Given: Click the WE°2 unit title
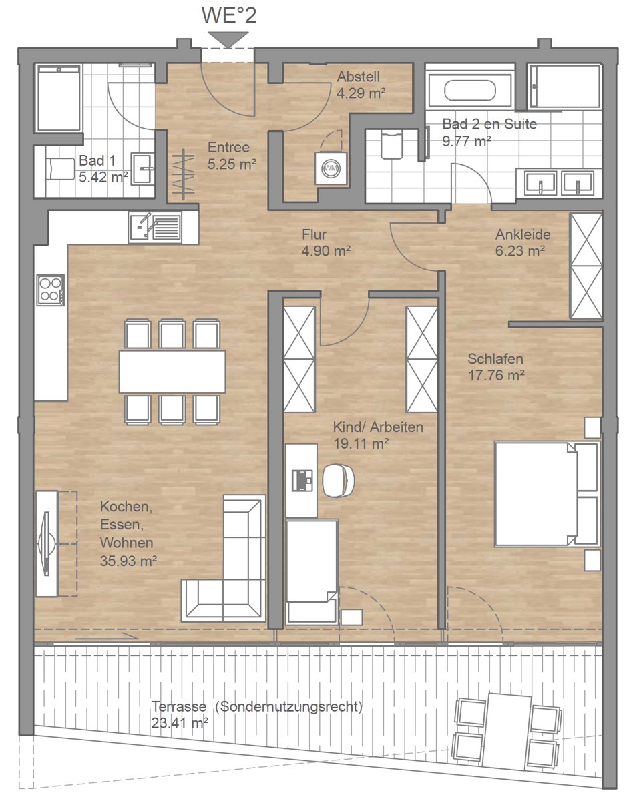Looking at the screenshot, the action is [229, 16].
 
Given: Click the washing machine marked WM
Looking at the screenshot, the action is [331, 168].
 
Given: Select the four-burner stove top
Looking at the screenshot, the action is [51, 290].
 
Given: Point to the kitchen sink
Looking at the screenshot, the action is [155, 227].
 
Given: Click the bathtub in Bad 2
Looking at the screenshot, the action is [470, 91].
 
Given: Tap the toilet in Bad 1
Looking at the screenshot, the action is [60, 169].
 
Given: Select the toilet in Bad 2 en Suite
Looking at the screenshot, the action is [392, 144].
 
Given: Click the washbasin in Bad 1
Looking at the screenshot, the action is [143, 168].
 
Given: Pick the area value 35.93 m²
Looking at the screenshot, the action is [128, 561].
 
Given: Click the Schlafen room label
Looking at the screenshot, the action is [495, 359].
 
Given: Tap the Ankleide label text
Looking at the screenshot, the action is [523, 234].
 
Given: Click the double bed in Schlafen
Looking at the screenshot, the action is [547, 495].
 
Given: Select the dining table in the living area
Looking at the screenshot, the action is [172, 372].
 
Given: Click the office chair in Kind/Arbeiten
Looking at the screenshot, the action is [339, 480].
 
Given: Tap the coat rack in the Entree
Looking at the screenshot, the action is [184, 174].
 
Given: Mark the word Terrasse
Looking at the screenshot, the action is [179, 706].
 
